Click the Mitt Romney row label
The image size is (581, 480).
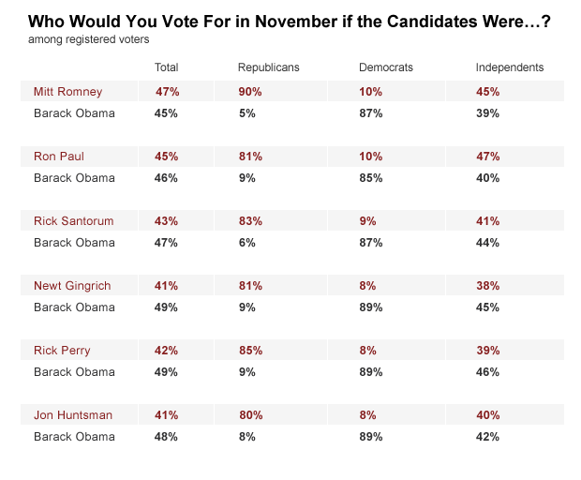click(x=67, y=92)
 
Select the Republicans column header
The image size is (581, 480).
click(x=268, y=67)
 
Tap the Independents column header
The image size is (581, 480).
click(x=509, y=67)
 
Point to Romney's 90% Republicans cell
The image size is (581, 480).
click(x=250, y=92)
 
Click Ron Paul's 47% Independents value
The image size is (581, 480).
click(x=487, y=157)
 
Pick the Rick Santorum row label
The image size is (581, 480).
click(x=73, y=221)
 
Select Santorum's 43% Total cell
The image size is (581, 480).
click(x=166, y=221)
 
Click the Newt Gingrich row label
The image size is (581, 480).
click(x=73, y=285)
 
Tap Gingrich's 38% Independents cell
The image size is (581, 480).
click(x=487, y=285)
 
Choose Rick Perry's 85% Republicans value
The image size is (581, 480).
click(x=250, y=350)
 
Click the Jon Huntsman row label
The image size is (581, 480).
click(x=72, y=414)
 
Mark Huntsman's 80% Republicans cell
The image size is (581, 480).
click(x=250, y=414)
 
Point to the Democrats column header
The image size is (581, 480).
click(x=385, y=67)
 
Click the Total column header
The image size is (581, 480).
click(x=166, y=67)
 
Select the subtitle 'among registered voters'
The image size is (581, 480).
click(x=89, y=39)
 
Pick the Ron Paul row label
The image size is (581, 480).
click(x=59, y=157)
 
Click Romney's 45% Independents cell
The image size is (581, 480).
click(x=487, y=92)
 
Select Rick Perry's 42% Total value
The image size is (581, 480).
click(x=166, y=350)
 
